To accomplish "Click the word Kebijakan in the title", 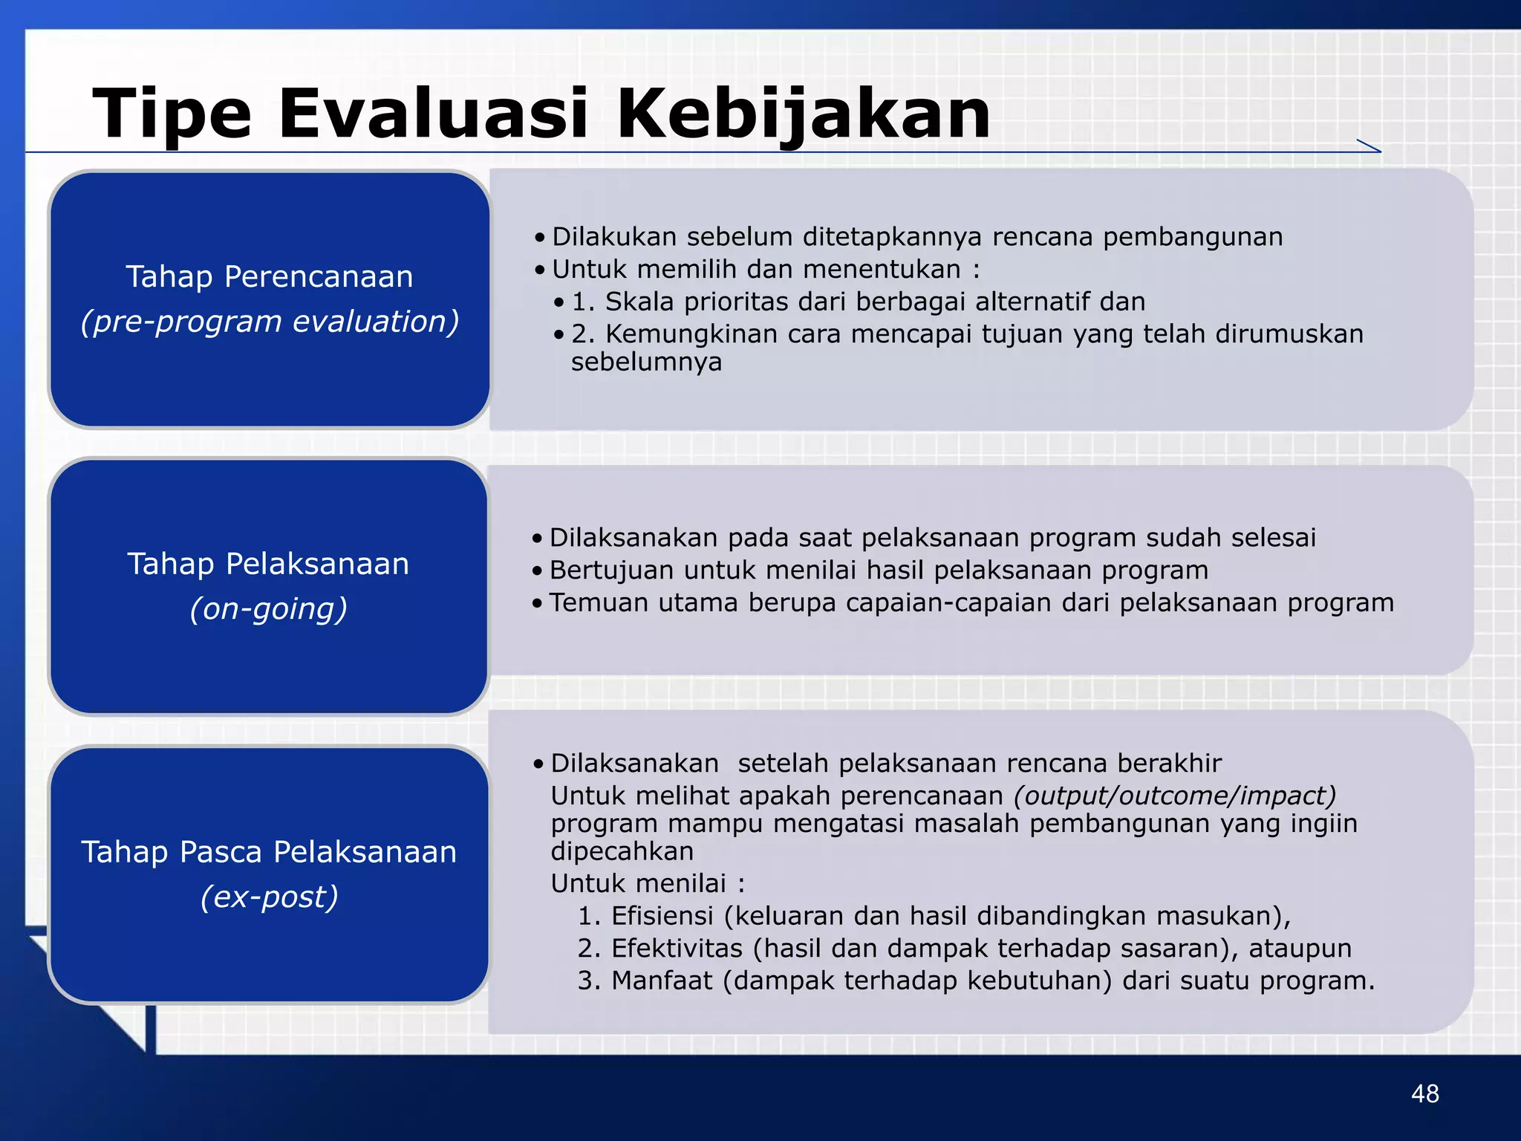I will click(804, 114).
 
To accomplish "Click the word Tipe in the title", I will click(172, 114).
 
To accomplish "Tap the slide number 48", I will click(1424, 1093).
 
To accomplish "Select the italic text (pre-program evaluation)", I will click(270, 322).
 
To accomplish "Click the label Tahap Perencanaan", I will click(270, 277).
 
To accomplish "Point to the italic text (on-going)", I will click(268, 609).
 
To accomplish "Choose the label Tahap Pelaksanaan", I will click(268, 564).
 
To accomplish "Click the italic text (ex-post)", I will click(269, 897).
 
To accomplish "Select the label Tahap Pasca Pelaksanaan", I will click(269, 852).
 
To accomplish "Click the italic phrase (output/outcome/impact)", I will click(1175, 796).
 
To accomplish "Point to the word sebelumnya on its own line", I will click(646, 363).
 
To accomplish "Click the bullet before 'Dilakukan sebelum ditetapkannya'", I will click(540, 238).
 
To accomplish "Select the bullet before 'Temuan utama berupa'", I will click(538, 603).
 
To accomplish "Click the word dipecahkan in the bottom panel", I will click(622, 851).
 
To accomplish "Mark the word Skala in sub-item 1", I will click(639, 302).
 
